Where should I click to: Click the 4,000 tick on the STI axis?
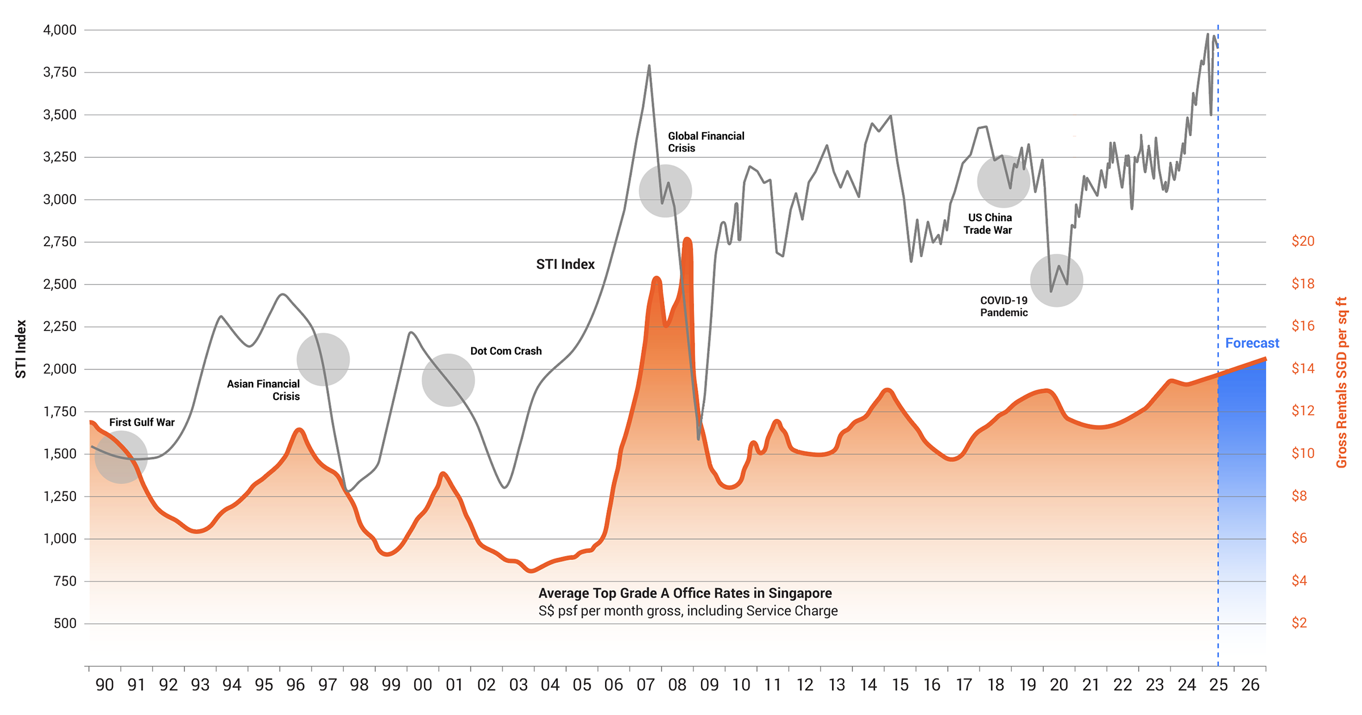[x=60, y=30]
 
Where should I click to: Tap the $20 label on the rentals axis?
[x=1302, y=241]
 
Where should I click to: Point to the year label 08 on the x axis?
[x=677, y=685]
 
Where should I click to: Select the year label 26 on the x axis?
[x=1250, y=685]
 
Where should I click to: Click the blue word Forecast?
[x=1252, y=343]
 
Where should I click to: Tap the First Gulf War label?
[x=142, y=422]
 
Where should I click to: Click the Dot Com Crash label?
[x=506, y=351]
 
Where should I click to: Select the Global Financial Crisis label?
[x=705, y=142]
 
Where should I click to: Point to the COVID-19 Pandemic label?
[x=1003, y=306]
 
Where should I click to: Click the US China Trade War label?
[x=989, y=224]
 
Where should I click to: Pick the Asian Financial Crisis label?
[x=263, y=390]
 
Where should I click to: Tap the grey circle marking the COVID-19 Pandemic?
[x=1056, y=281]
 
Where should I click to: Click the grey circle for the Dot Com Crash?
[x=448, y=380]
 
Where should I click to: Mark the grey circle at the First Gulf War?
[x=121, y=457]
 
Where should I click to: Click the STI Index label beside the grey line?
[x=565, y=264]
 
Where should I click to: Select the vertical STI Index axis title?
[x=21, y=349]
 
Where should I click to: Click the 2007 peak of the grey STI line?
[x=649, y=66]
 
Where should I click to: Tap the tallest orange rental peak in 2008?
[x=687, y=239]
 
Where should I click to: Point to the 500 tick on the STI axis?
[x=65, y=624]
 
